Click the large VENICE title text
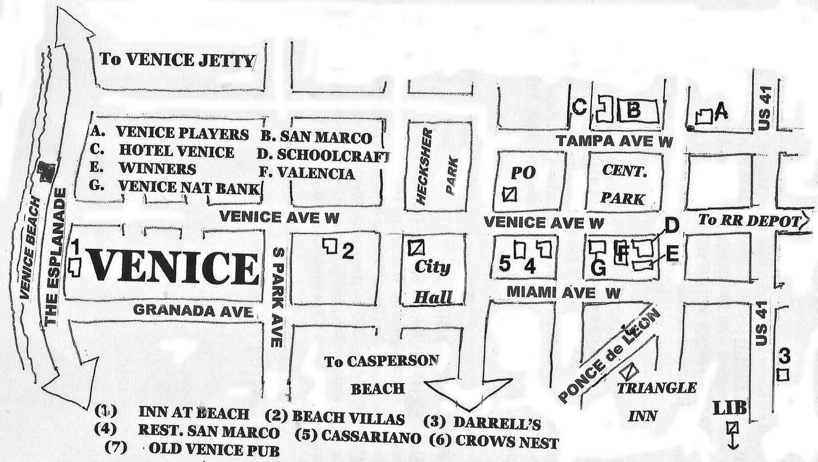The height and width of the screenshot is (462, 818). tap(174, 268)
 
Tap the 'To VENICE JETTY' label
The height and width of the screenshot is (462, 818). tap(177, 60)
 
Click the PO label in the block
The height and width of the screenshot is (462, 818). tap(523, 173)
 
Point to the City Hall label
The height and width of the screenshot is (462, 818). tap(432, 282)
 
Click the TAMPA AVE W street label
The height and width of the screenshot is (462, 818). tap(615, 141)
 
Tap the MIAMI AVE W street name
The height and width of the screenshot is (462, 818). tap(563, 292)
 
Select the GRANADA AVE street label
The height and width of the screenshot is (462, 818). tap(193, 310)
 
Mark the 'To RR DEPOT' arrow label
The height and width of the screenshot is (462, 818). tap(749, 220)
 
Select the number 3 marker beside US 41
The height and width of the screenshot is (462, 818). tap(784, 357)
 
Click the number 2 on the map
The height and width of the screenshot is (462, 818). tap(348, 252)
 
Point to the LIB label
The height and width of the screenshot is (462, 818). tap(730, 408)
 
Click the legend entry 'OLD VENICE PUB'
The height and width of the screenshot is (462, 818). tap(214, 449)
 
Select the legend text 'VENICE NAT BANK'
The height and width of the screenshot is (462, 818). tap(189, 187)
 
